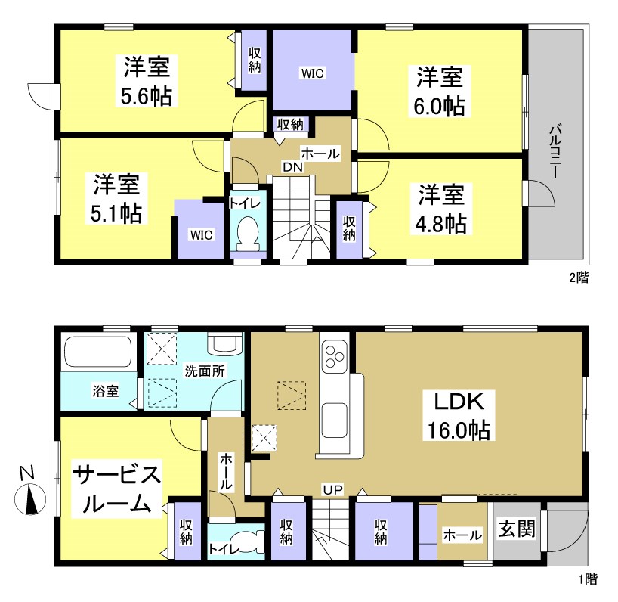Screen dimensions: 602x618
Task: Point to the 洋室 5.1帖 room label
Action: pyautogui.click(x=116, y=198)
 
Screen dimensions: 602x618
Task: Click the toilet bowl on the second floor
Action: pyautogui.click(x=247, y=233)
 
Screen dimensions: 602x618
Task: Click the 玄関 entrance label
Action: pyautogui.click(x=516, y=529)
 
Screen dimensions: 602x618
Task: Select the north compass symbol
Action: pyautogui.click(x=29, y=500)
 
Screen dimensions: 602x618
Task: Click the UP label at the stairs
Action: pyautogui.click(x=333, y=490)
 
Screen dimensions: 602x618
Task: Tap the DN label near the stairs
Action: pyautogui.click(x=293, y=166)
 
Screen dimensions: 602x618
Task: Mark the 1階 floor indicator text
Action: pyautogui.click(x=587, y=580)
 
